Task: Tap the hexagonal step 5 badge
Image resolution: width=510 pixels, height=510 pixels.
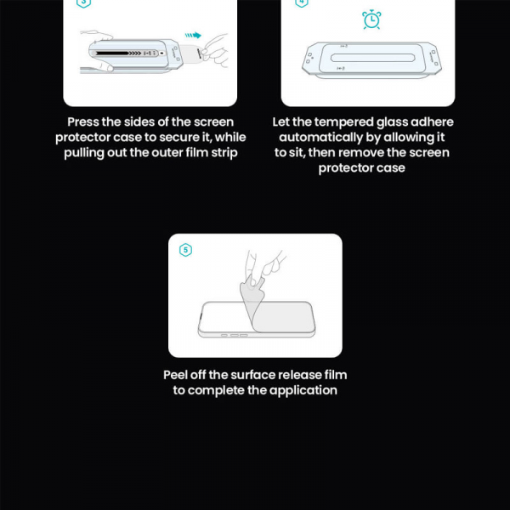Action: (x=186, y=250)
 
